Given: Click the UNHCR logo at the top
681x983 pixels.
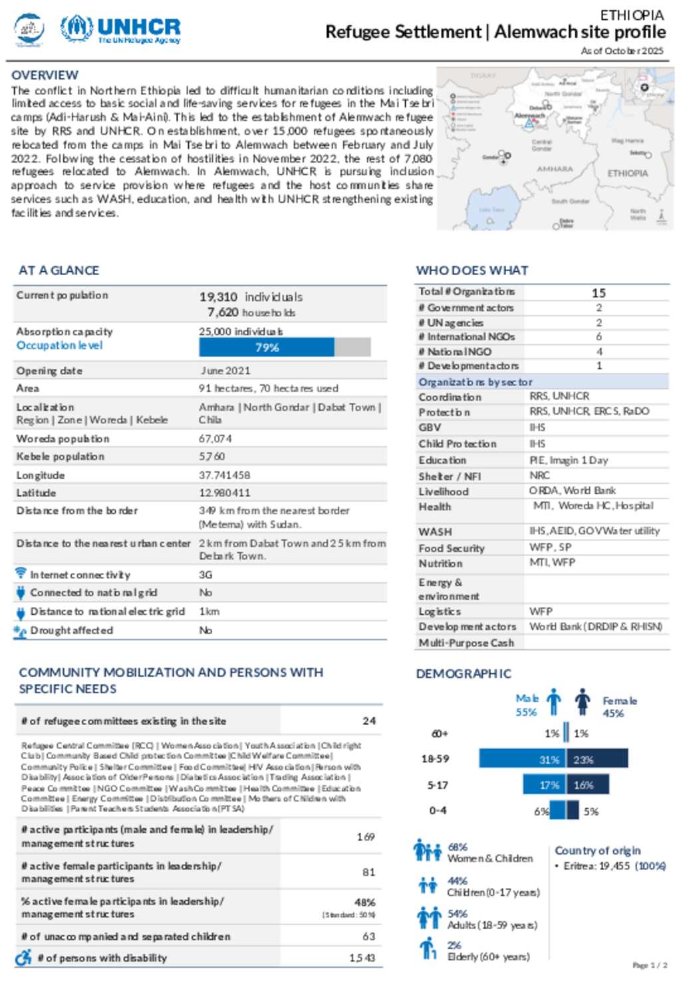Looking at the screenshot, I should pyautogui.click(x=120, y=30).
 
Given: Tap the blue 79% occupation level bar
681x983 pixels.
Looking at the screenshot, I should pyautogui.click(x=267, y=347).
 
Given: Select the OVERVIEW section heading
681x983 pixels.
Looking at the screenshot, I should pyautogui.click(x=45, y=75).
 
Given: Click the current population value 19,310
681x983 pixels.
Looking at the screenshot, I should pyautogui.click(x=218, y=296).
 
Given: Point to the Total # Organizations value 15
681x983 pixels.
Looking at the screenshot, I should pyautogui.click(x=599, y=292).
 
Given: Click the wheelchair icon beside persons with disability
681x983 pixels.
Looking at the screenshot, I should pyautogui.click(x=23, y=957).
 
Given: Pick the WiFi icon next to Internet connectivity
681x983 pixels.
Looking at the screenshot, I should pyautogui.click(x=21, y=573).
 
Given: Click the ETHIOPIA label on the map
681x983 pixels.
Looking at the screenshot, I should pyautogui.click(x=627, y=173).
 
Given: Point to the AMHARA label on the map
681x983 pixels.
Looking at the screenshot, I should pyautogui.click(x=555, y=169).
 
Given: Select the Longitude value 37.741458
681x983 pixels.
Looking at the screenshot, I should pyautogui.click(x=225, y=475).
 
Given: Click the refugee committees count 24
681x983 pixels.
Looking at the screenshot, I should pyautogui.click(x=369, y=720).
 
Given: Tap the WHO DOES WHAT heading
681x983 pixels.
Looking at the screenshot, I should pyautogui.click(x=472, y=271).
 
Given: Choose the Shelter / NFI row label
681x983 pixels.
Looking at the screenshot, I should pyautogui.click(x=450, y=476).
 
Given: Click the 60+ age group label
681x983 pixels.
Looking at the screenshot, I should pyautogui.click(x=440, y=734).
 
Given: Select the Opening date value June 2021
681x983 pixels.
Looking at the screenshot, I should pyautogui.click(x=225, y=371).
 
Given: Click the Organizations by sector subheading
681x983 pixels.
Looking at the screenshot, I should pyautogui.click(x=475, y=382).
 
